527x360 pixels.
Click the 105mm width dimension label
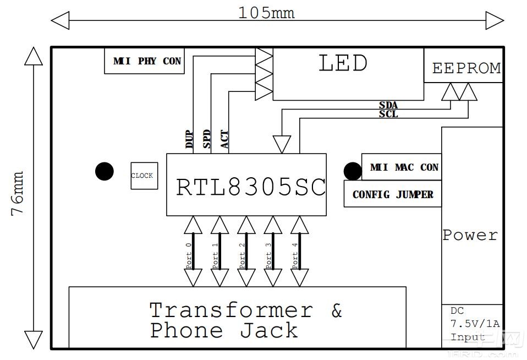[x=266, y=13]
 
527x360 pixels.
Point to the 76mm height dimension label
[x=18, y=193]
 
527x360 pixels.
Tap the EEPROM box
[x=466, y=68]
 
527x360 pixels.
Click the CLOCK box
[x=144, y=176]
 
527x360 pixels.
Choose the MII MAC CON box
[x=404, y=167]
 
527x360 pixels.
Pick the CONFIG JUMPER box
[x=393, y=195]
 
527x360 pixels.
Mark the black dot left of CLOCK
[x=104, y=172]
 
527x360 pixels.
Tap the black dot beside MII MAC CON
[x=353, y=171]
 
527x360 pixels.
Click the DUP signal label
[x=189, y=140]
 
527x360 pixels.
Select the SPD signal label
[x=207, y=140]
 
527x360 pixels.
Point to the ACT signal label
[x=224, y=140]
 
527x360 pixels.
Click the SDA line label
[x=388, y=105]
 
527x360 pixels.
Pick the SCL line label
[x=388, y=114]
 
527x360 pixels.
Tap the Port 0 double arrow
[x=193, y=251]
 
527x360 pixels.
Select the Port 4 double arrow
[x=299, y=251]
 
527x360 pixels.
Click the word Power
[x=470, y=235]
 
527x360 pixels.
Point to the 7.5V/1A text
[x=475, y=324]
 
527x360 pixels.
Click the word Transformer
[x=231, y=310]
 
